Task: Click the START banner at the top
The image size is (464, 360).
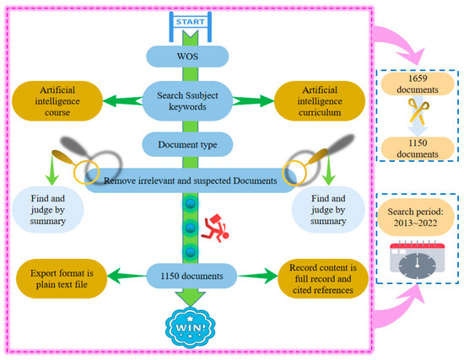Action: pyautogui.click(x=191, y=22)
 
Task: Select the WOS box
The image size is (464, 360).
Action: pyautogui.click(x=187, y=56)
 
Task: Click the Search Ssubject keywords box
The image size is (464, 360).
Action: pyautogui.click(x=187, y=101)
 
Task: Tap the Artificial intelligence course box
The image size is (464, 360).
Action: pyautogui.click(x=57, y=101)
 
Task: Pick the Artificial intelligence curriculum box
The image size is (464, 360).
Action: pyautogui.click(x=320, y=101)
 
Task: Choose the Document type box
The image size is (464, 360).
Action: pyautogui.click(x=187, y=144)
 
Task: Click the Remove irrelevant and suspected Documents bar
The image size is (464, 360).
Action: pyautogui.click(x=191, y=180)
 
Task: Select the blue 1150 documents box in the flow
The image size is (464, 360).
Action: pyautogui.click(x=192, y=276)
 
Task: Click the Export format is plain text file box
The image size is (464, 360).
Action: pyautogui.click(x=62, y=279)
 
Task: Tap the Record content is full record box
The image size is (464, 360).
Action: pyautogui.click(x=323, y=279)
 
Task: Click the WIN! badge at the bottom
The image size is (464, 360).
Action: pyautogui.click(x=191, y=327)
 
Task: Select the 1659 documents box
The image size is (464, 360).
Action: pyautogui.click(x=418, y=84)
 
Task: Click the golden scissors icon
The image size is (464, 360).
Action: pyautogui.click(x=418, y=111)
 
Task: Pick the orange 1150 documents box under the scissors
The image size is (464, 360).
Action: pyautogui.click(x=418, y=148)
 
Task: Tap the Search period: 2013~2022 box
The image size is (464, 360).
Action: pyautogui.click(x=415, y=218)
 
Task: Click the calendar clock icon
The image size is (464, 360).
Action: pyautogui.click(x=418, y=260)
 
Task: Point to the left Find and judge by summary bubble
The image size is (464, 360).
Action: pyautogui.click(x=47, y=209)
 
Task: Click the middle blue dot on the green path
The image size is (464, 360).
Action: pyautogui.click(x=191, y=228)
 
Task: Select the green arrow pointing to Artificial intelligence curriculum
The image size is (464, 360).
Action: pyautogui.click(x=254, y=101)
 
